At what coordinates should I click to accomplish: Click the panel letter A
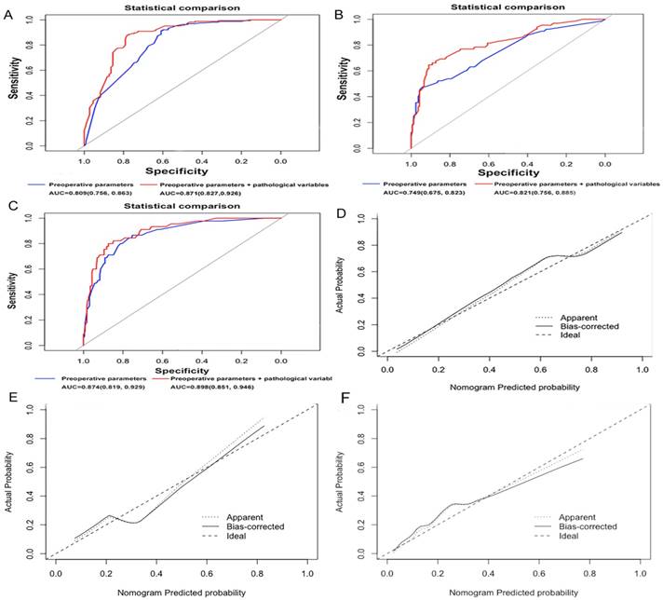(x=12, y=13)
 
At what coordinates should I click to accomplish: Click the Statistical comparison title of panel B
(x=507, y=7)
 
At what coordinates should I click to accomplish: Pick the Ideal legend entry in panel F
(x=562, y=535)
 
